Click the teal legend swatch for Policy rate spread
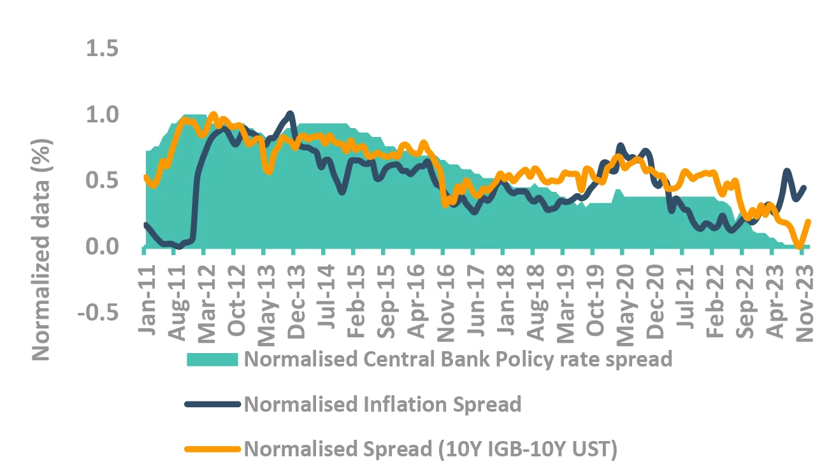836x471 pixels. point(213,359)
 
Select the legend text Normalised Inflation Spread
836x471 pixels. point(383,404)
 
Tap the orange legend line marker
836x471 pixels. point(213,449)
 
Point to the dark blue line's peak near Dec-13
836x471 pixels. point(291,114)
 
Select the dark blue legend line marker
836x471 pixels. point(213,404)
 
